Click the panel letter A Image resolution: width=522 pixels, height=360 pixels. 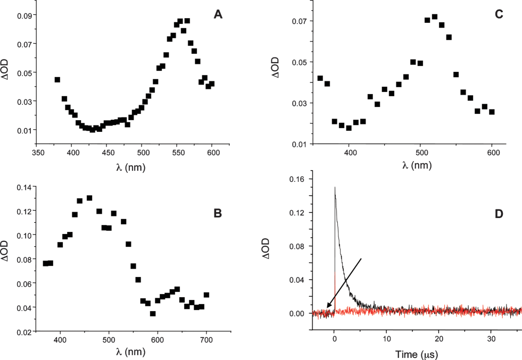click(218, 15)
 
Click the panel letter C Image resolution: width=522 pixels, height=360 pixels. click(499, 15)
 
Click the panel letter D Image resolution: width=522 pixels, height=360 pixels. click(499, 215)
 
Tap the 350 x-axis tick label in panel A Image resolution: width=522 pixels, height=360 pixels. click(36, 152)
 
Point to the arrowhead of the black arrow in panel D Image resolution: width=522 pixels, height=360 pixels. click(327, 307)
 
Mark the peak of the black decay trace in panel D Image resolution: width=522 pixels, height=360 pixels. click(335, 187)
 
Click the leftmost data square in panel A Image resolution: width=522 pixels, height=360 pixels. click(57, 80)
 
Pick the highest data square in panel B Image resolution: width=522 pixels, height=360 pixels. click(89, 198)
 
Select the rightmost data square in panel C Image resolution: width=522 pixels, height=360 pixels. click(492, 112)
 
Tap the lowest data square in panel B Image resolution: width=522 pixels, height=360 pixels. click(153, 314)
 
